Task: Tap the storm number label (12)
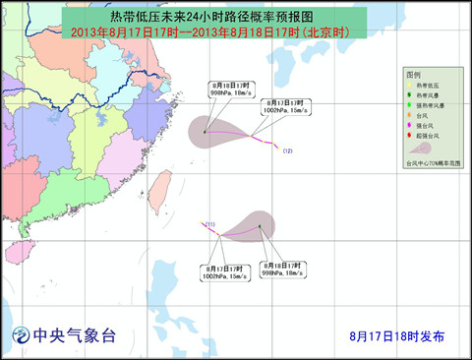coord(288,150)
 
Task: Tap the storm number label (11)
coord(210,224)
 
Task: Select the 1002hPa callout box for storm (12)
coord(284,107)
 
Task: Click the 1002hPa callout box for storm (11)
coord(224,271)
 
